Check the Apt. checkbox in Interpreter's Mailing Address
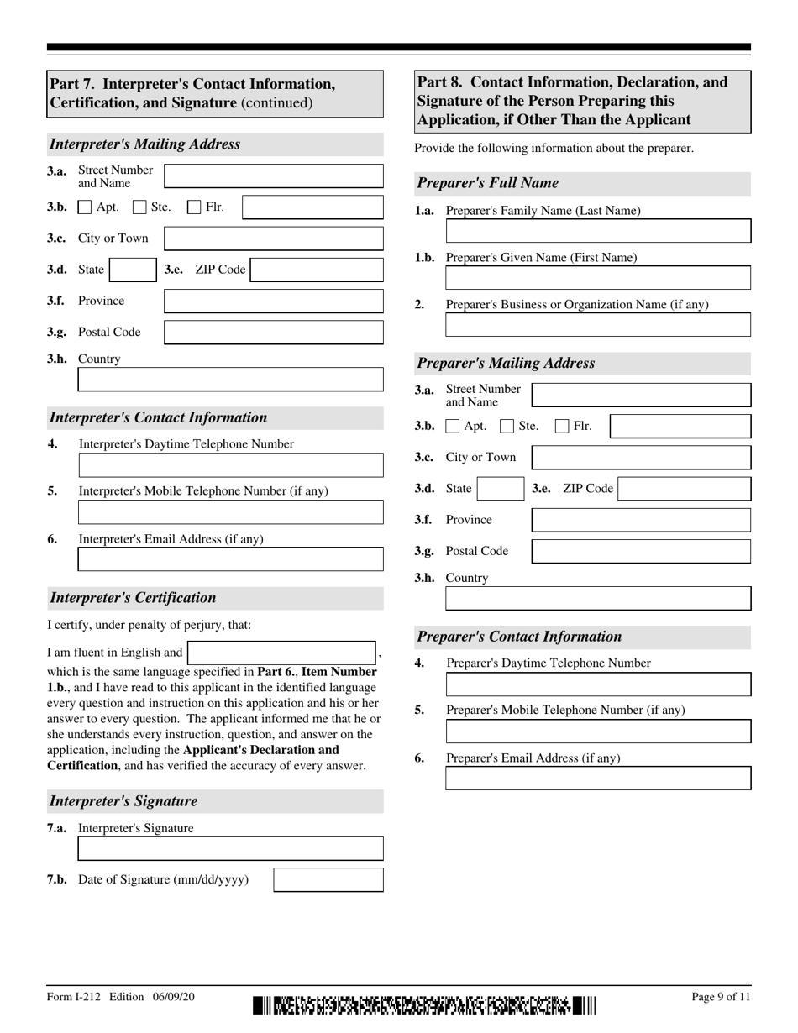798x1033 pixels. click(x=85, y=207)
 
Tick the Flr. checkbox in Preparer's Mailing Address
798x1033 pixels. click(x=563, y=427)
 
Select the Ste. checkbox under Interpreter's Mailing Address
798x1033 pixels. click(x=140, y=207)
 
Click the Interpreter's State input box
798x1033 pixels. click(x=132, y=270)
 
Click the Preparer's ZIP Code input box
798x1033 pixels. click(x=684, y=489)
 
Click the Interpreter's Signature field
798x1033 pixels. click(x=230, y=848)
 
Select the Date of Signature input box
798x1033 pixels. click(x=328, y=880)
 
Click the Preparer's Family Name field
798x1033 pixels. click(x=598, y=231)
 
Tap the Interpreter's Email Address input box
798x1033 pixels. click(x=230, y=559)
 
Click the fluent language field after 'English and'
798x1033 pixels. click(x=281, y=653)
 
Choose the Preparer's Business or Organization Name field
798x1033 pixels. click(x=598, y=325)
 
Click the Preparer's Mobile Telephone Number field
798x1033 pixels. click(x=598, y=731)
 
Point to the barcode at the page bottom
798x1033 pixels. click(x=424, y=1004)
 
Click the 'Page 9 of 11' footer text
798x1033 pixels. click(x=721, y=997)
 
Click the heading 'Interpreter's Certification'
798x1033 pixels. click(x=133, y=598)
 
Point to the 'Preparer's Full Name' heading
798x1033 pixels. click(x=488, y=183)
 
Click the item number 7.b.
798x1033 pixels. click(x=57, y=880)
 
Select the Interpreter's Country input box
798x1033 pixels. click(x=230, y=380)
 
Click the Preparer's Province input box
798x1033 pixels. click(x=641, y=520)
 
